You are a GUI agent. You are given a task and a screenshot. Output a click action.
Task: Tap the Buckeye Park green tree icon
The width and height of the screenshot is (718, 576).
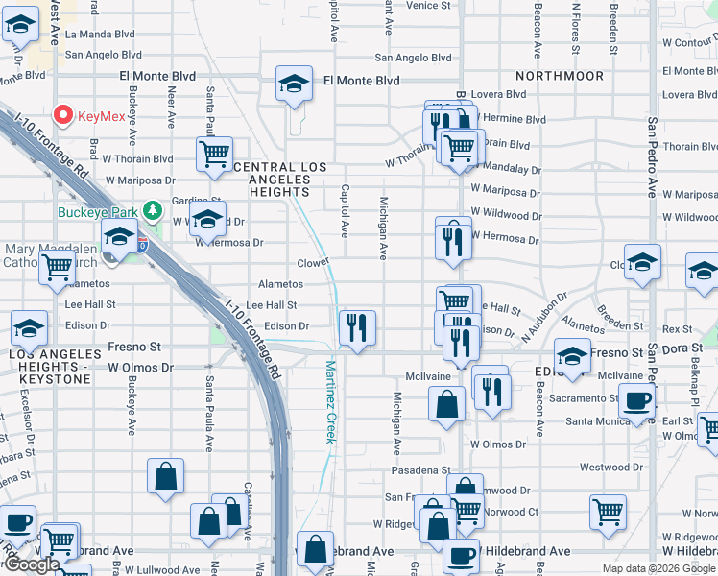151,209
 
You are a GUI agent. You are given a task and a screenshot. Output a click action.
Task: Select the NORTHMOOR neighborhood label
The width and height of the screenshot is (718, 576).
560,76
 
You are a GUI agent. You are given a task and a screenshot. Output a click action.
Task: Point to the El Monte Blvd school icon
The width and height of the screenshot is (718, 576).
295,84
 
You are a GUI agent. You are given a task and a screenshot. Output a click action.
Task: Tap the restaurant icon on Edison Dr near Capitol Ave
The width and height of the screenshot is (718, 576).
356,328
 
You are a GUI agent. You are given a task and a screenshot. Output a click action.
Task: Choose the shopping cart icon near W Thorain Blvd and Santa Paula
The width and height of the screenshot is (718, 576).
214,153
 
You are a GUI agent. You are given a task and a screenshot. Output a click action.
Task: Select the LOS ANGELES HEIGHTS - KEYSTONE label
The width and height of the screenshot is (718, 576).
50,367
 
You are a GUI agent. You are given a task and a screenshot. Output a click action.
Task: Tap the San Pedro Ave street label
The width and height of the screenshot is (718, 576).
653,158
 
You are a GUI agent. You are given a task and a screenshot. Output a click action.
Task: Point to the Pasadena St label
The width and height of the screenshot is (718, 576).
420,470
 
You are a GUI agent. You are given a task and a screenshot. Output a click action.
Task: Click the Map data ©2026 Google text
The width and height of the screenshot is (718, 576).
658,568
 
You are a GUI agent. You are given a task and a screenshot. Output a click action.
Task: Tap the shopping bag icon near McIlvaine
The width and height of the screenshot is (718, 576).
446,403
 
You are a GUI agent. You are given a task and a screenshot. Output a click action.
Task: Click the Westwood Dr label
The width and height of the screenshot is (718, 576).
630,468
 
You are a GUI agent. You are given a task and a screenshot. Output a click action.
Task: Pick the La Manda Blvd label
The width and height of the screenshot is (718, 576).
100,34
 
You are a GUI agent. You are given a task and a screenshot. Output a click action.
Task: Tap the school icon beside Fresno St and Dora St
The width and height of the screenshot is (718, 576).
572,355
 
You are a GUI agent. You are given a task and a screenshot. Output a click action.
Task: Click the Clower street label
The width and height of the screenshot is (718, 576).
313,261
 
